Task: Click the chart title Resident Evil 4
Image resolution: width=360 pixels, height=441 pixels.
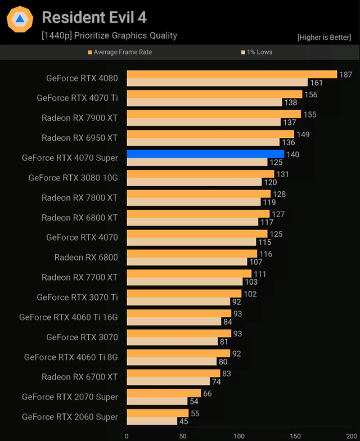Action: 94,17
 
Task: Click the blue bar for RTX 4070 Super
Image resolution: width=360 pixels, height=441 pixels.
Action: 205,154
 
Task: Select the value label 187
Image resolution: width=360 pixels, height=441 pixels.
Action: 345,74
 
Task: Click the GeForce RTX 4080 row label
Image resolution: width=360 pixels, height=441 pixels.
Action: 82,78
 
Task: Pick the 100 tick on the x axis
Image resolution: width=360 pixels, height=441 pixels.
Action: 239,435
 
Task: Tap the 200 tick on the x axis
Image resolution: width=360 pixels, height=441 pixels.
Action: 352,435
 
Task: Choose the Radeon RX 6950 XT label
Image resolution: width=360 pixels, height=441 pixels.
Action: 80,138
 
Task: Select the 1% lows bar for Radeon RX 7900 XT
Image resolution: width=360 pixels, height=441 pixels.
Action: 204,122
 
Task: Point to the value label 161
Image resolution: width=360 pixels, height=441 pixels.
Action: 316,83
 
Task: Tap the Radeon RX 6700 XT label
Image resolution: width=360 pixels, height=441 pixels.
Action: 80,377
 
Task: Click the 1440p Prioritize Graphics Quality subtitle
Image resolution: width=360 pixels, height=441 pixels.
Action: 109,35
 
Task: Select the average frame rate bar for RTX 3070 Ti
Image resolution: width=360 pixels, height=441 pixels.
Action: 184,293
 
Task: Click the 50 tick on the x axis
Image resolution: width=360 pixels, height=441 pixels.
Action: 183,435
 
